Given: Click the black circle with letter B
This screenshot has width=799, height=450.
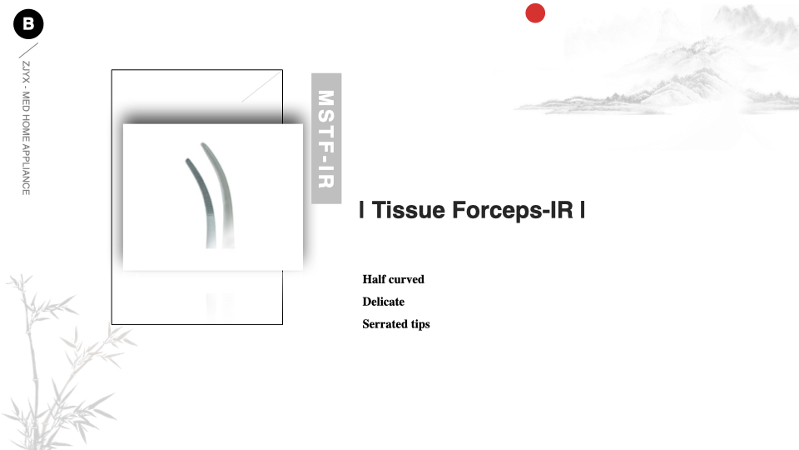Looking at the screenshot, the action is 28,24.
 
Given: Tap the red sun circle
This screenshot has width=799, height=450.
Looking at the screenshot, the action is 535,13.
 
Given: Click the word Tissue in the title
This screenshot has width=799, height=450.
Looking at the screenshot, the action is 408,210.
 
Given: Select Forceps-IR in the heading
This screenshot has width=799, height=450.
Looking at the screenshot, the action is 513,210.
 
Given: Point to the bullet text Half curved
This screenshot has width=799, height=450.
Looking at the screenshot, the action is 394,279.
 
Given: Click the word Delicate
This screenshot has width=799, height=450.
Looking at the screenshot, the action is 383,302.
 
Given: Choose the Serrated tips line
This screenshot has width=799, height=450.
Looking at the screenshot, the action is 396,324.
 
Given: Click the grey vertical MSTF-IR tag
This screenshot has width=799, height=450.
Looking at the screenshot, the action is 326,138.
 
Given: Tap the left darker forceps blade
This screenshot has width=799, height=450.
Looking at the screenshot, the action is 201,199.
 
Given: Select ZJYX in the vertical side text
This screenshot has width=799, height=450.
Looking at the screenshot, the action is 26,72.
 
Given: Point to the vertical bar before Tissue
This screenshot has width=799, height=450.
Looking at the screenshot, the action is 361,210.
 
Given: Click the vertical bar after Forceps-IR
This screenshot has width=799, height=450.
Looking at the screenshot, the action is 582,210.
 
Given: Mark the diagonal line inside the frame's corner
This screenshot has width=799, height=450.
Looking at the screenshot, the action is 261,87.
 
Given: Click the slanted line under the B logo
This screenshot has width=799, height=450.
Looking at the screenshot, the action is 28,50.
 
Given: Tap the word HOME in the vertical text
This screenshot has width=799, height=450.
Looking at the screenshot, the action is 26,127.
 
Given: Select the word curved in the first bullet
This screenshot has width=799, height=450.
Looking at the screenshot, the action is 407,279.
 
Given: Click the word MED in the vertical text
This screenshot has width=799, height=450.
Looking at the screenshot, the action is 26,101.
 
